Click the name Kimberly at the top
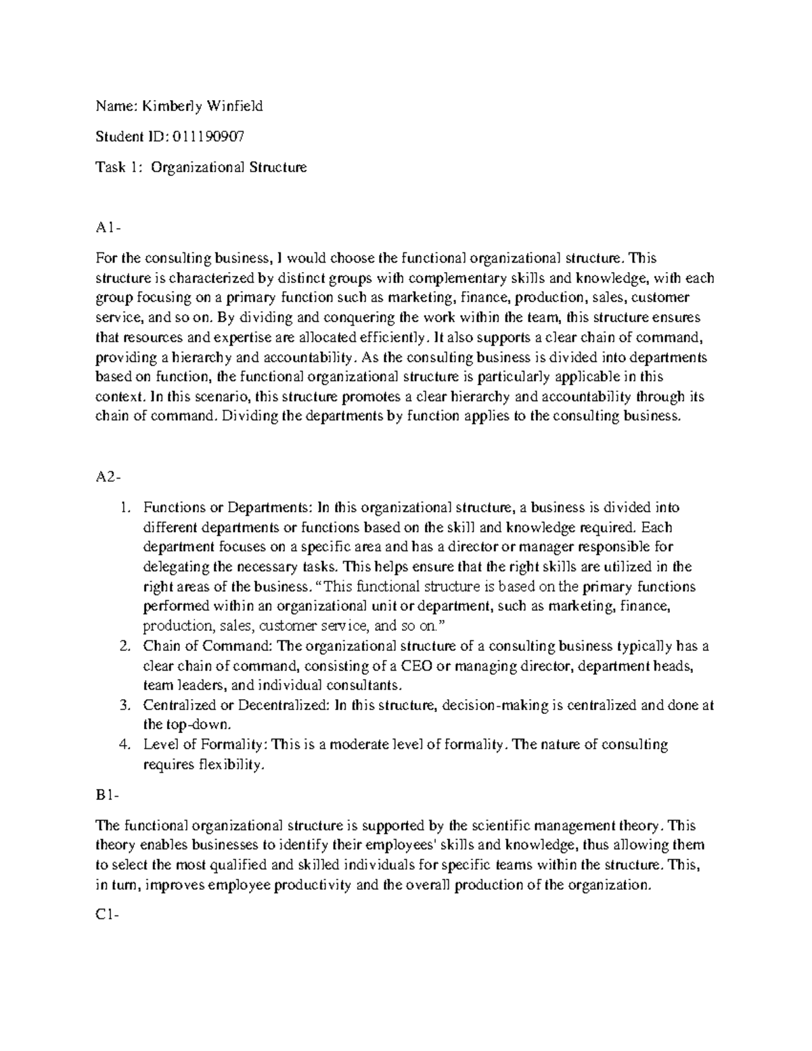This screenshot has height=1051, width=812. coord(168,106)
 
